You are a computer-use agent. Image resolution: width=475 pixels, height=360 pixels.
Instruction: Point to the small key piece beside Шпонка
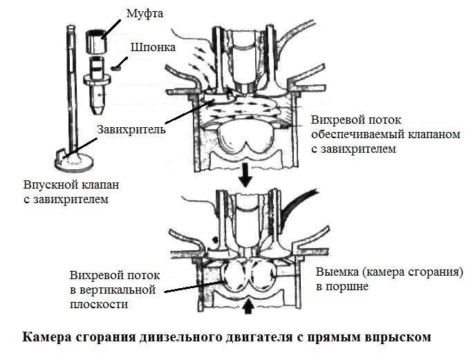(x=115, y=68)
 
